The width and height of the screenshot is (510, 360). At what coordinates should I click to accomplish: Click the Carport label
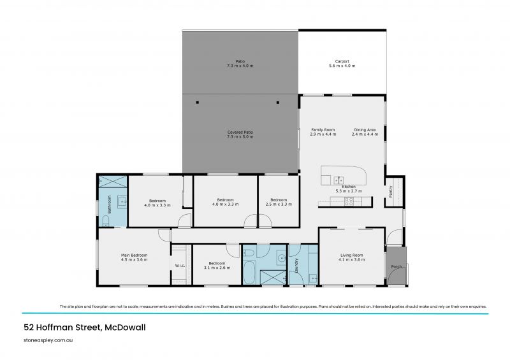coord(342,62)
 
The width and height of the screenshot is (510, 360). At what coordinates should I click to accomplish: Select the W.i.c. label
coord(180,266)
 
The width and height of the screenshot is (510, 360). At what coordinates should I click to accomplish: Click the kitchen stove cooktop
coord(349,201)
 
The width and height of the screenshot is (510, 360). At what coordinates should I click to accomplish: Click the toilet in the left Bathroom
coord(106,221)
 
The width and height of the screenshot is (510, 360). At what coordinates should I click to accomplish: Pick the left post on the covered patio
coord(198,103)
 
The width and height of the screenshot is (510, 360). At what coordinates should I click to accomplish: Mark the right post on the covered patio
coord(277,103)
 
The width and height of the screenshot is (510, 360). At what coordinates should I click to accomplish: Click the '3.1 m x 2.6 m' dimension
coord(217,267)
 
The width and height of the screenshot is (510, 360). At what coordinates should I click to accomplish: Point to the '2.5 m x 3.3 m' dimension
coord(279,204)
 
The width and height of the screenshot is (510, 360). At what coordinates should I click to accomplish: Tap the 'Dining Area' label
coord(366,130)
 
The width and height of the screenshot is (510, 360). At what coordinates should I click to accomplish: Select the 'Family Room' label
coord(323,130)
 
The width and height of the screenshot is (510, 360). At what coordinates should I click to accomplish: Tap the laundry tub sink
coord(312,278)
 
